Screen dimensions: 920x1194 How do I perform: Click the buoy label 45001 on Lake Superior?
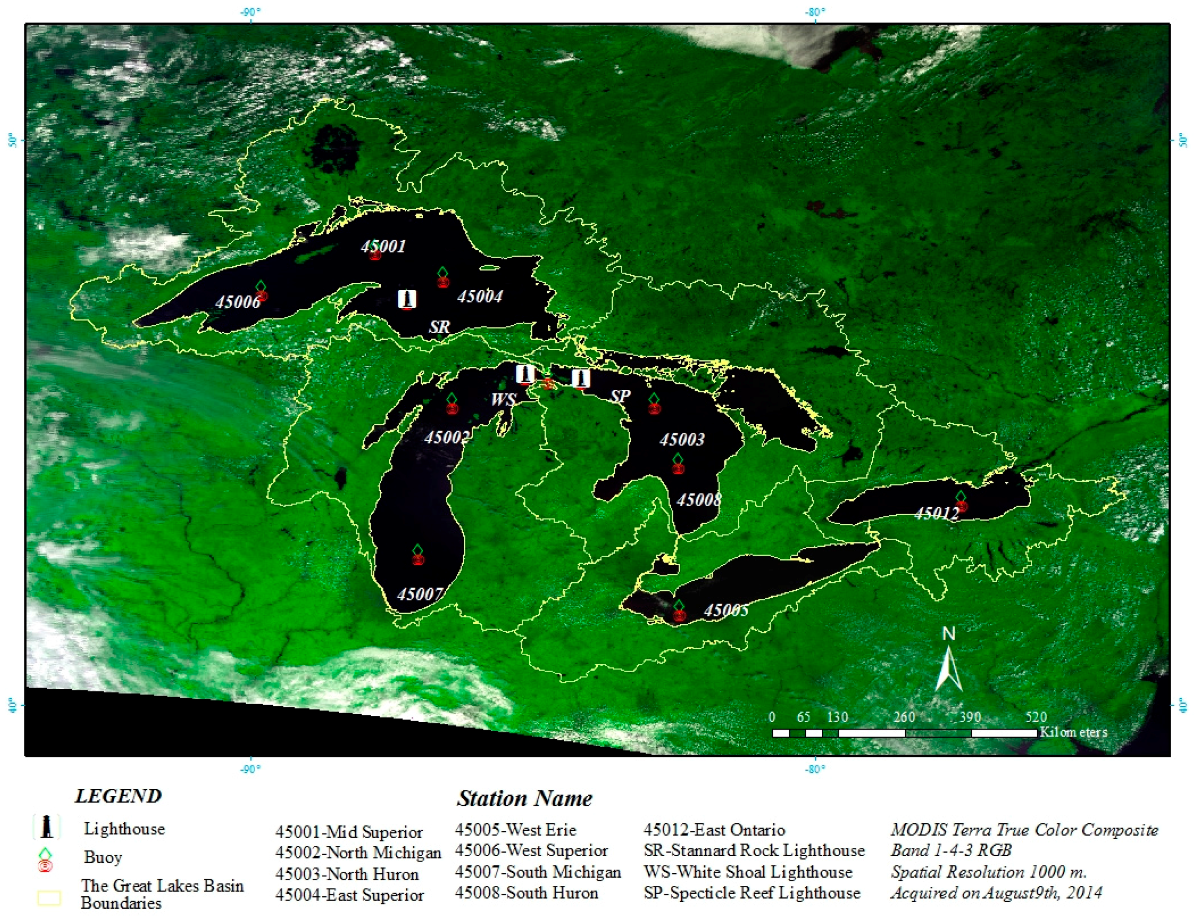[x=383, y=246]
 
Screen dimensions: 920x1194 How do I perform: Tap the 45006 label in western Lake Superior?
[x=238, y=301]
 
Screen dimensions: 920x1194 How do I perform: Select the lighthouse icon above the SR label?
[x=407, y=299]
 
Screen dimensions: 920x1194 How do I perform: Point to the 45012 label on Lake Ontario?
[x=937, y=513]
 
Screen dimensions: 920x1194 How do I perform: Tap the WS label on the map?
[x=503, y=400]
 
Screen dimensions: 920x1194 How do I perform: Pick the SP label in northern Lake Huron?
[x=620, y=395]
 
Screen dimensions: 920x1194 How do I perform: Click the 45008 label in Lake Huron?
[x=699, y=500]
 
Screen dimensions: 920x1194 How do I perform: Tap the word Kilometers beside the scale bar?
[x=1073, y=732]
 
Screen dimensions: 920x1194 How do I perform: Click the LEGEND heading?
[x=118, y=796]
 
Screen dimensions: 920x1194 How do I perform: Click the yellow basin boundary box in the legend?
[x=49, y=898]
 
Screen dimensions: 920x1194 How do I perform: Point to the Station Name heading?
[x=524, y=799]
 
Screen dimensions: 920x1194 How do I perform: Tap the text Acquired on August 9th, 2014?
[x=996, y=893]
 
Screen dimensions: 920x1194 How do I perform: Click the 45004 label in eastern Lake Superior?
[x=480, y=297]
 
